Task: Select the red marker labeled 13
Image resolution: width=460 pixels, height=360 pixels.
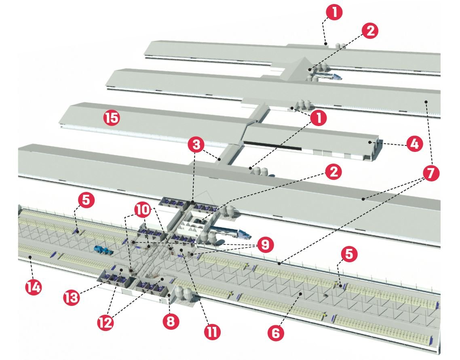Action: tap(72, 298)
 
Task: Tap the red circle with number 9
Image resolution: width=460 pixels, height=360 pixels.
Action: tap(266, 244)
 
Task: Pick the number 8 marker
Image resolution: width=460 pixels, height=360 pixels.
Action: tap(170, 322)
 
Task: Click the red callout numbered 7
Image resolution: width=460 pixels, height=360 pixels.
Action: tap(430, 173)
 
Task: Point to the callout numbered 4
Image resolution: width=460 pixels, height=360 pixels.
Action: tap(414, 144)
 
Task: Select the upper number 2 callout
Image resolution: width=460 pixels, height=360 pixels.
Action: tap(369, 31)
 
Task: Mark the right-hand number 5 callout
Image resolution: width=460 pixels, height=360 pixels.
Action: tap(350, 254)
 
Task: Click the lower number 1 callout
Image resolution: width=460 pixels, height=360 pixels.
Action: tap(320, 118)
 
